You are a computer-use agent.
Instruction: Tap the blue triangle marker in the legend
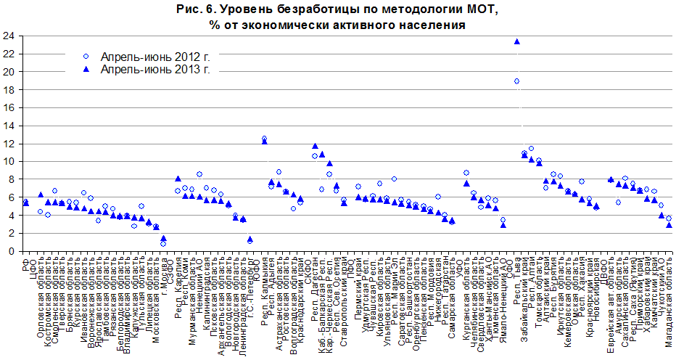(86, 70)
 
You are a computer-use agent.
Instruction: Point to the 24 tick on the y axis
(9, 36)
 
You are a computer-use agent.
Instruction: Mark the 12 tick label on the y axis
(9, 144)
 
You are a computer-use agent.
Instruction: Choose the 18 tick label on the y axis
(9, 90)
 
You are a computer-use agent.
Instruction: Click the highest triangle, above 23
(516, 41)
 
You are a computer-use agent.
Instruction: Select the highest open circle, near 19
(516, 81)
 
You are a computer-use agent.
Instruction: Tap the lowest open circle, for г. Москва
(163, 244)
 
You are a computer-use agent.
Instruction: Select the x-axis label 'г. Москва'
(164, 272)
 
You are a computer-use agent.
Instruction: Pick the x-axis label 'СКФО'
(308, 266)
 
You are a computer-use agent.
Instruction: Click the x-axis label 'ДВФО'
(611, 266)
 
